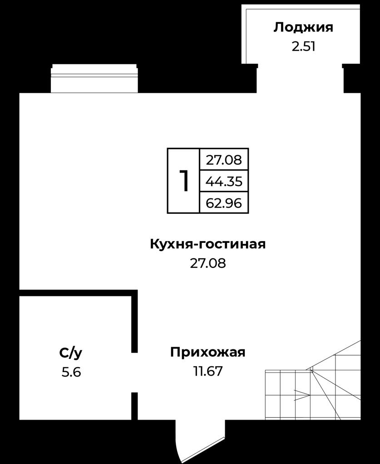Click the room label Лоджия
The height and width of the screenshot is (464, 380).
(303, 28)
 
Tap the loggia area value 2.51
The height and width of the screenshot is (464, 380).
(303, 47)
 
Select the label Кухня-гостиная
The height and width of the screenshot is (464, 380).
(208, 244)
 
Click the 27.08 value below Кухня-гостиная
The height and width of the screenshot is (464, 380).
(208, 263)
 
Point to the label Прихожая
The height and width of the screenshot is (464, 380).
(208, 353)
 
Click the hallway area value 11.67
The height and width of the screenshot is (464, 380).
(208, 371)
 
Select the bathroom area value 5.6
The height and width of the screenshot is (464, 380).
(71, 372)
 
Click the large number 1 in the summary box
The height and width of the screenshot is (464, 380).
(184, 181)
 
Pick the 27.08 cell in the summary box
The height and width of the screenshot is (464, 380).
(224, 160)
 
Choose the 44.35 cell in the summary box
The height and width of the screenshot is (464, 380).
(224, 181)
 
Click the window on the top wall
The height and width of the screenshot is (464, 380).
(94, 78)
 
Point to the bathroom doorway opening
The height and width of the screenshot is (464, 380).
(134, 372)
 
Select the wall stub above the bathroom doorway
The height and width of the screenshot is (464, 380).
(134, 323)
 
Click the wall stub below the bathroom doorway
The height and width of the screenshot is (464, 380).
(134, 406)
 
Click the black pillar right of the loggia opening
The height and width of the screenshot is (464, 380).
(351, 78)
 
